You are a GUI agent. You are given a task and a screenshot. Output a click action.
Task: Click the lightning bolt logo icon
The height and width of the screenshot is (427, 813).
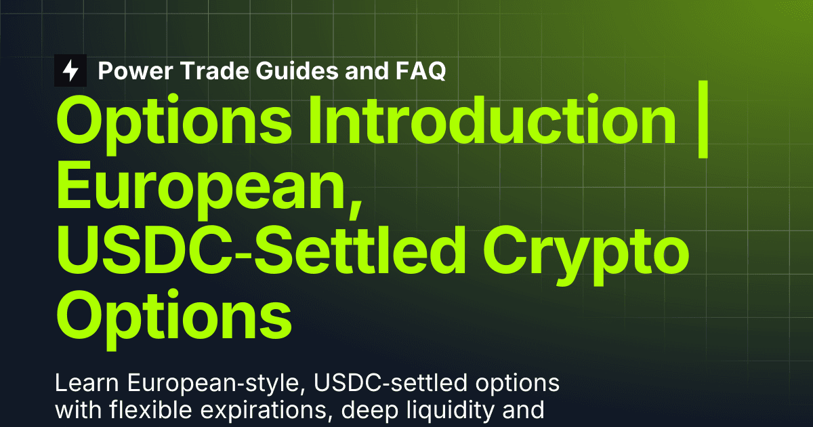click(x=70, y=70)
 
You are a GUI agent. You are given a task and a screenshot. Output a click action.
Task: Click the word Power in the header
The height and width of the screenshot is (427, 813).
click(x=135, y=70)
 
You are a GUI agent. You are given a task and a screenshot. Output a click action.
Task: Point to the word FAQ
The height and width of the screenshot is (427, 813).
click(x=421, y=70)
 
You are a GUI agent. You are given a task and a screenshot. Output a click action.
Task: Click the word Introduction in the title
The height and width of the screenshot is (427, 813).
click(x=493, y=120)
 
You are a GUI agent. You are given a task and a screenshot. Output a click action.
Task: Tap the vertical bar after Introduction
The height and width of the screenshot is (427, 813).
click(x=703, y=119)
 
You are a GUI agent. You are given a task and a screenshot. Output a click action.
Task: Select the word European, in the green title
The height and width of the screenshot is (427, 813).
click(x=209, y=190)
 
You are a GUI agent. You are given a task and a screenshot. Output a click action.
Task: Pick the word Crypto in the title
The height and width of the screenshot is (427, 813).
click(x=585, y=255)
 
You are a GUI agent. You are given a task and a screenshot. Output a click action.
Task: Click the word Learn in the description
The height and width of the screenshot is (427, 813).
click(x=87, y=383)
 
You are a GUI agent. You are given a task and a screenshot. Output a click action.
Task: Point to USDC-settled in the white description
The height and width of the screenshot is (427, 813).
click(x=390, y=383)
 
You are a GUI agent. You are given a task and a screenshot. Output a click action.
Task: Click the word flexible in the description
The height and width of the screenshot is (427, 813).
click(x=150, y=410)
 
